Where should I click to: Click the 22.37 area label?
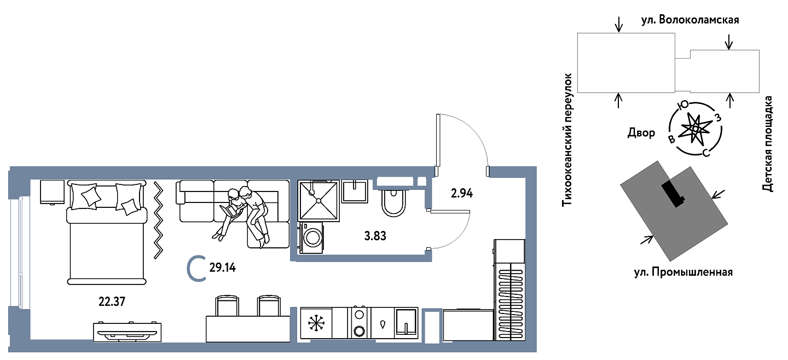[112, 301]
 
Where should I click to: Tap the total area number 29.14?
[222, 268]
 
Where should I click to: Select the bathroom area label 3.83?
[375, 236]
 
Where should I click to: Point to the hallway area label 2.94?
[461, 193]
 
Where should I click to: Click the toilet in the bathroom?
[393, 202]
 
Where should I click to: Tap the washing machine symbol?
[311, 237]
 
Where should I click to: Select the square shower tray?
[318, 201]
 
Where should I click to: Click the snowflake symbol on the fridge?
[316, 323]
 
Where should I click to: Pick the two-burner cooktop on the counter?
[359, 322]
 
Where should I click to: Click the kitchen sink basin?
[406, 322]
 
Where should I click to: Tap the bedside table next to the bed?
[52, 192]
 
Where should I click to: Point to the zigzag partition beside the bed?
[158, 220]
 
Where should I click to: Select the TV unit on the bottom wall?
[128, 332]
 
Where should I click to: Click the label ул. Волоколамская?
[690, 20]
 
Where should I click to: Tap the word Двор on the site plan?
[641, 133]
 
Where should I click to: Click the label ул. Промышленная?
[683, 272]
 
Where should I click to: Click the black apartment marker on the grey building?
[673, 194]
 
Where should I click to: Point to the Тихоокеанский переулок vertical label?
[567, 140]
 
